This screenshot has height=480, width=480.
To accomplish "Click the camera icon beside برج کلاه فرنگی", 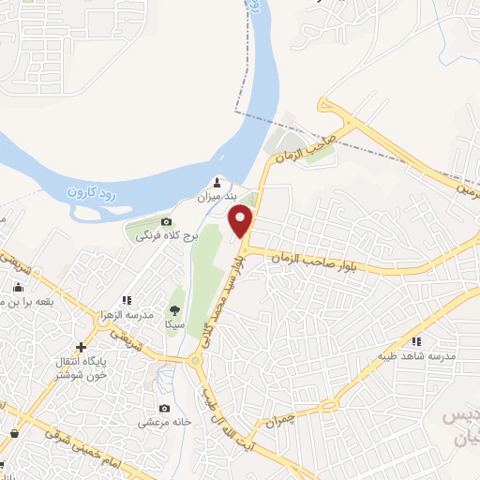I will point(166,222).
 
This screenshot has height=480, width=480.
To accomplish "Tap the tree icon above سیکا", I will point(174,309).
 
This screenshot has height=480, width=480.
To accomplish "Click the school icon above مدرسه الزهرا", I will point(127,300).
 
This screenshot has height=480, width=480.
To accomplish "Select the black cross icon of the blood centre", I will point(82,348).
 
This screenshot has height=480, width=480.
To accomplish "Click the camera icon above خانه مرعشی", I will point(165,408).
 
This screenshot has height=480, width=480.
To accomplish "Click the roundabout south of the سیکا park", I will point(196,359).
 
